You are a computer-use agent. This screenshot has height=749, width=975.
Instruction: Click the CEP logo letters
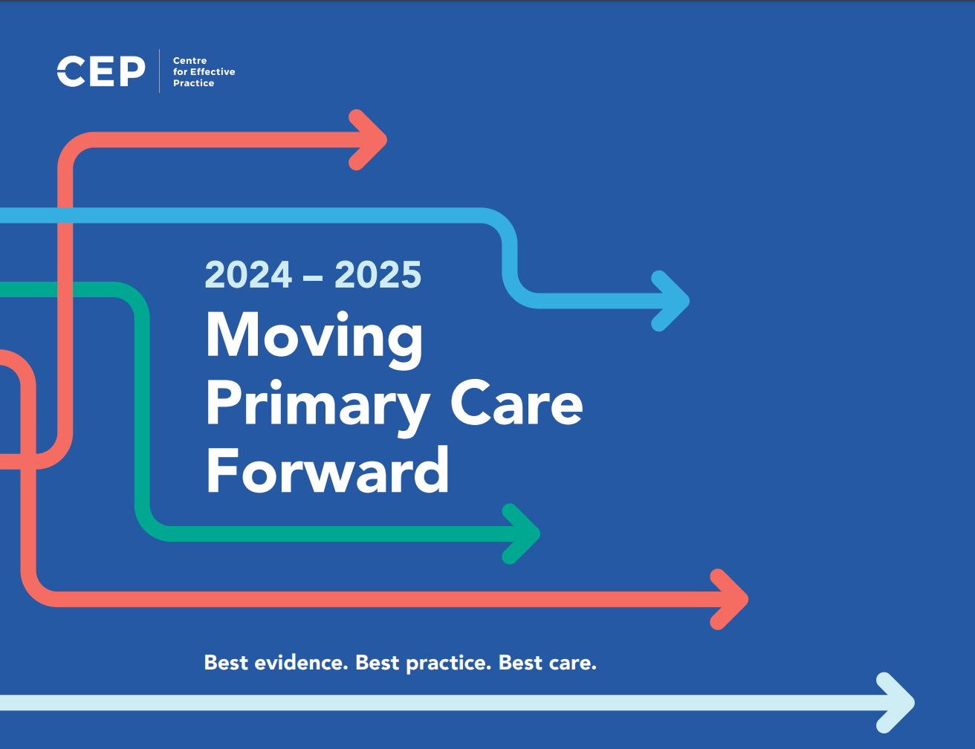click(x=101, y=71)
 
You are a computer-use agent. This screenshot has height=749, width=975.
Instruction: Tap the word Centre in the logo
click(x=190, y=60)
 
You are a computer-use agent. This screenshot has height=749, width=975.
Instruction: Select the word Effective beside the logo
click(x=213, y=72)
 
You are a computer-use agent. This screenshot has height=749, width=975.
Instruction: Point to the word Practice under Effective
click(x=193, y=83)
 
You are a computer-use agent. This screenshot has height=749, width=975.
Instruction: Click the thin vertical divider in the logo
click(x=159, y=71)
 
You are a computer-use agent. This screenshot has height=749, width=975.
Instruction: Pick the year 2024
click(x=248, y=274)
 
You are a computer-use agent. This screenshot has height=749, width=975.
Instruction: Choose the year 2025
click(x=378, y=274)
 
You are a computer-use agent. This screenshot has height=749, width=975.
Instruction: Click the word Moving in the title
click(x=314, y=340)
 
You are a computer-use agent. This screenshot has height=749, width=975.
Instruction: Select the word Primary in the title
click(x=317, y=407)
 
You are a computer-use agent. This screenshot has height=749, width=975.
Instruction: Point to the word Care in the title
click(x=516, y=402)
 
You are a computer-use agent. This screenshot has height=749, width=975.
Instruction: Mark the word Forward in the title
click(x=327, y=470)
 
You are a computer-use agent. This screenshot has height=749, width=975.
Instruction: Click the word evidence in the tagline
click(x=301, y=663)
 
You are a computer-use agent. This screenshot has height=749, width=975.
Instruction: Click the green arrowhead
click(x=522, y=534)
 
